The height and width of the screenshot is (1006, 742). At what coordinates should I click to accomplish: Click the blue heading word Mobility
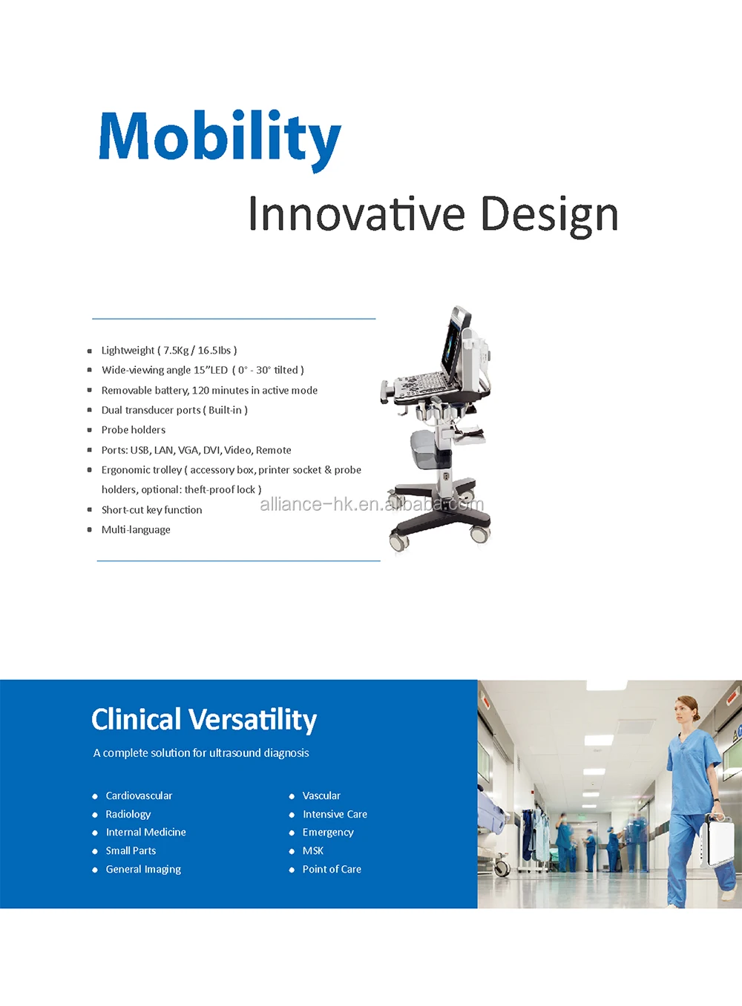pyautogui.click(x=220, y=140)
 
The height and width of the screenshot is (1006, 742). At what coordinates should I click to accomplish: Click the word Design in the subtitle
pyautogui.click(x=549, y=216)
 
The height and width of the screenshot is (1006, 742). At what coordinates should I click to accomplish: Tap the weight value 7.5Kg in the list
pyautogui.click(x=176, y=351)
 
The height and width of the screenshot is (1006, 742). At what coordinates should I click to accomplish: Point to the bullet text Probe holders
pyautogui.click(x=134, y=430)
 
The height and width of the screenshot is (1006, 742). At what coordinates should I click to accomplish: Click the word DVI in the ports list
pyautogui.click(x=211, y=450)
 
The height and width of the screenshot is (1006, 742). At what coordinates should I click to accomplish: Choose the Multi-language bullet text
pyautogui.click(x=136, y=530)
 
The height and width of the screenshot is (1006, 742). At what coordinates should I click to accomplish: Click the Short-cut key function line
pyautogui.click(x=152, y=510)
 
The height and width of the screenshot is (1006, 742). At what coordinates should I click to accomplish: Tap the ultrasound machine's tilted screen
pyautogui.click(x=454, y=343)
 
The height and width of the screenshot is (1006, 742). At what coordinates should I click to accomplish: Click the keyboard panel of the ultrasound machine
pyautogui.click(x=422, y=383)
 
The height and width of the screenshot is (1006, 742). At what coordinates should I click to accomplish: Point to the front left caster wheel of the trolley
pyautogui.click(x=399, y=540)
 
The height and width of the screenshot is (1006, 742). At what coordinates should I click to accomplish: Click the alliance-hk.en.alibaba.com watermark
pyautogui.click(x=372, y=504)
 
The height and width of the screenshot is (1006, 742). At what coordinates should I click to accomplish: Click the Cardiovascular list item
pyautogui.click(x=139, y=795)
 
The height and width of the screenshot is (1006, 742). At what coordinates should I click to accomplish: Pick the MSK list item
pyautogui.click(x=313, y=850)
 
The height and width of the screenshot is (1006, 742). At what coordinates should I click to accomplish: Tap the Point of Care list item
pyautogui.click(x=332, y=869)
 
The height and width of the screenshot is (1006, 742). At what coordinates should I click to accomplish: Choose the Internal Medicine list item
pyautogui.click(x=145, y=833)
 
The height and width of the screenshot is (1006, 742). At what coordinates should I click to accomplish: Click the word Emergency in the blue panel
pyautogui.click(x=328, y=833)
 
